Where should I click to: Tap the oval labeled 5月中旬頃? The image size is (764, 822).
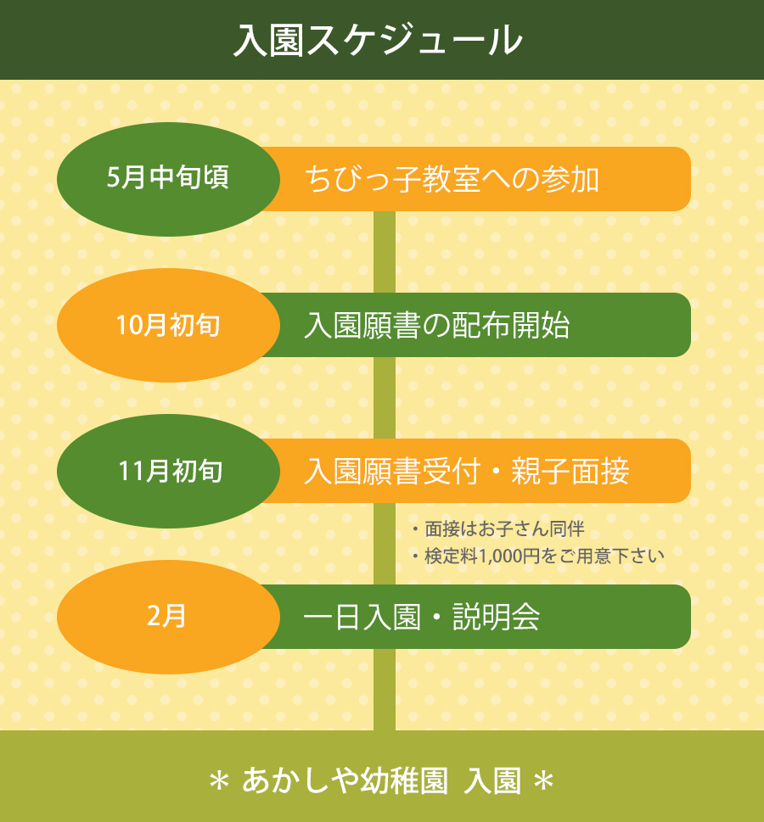coord(168,179)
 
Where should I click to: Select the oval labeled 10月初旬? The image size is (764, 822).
coord(168,325)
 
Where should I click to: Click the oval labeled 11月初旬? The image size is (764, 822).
coord(168,471)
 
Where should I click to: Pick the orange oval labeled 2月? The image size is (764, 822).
coord(168,617)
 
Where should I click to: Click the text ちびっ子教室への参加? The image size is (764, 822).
coord(452,180)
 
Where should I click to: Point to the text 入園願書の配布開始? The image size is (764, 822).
coord(436,326)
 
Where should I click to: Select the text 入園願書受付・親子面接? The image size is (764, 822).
coord(466,472)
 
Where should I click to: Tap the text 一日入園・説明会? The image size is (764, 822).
coord(421,618)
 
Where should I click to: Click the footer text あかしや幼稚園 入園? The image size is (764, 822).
coord(381,780)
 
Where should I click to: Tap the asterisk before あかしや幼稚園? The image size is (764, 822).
coord(219,781)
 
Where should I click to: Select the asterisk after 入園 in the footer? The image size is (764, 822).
coord(543,781)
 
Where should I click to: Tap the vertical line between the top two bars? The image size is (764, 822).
coord(385,252)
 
